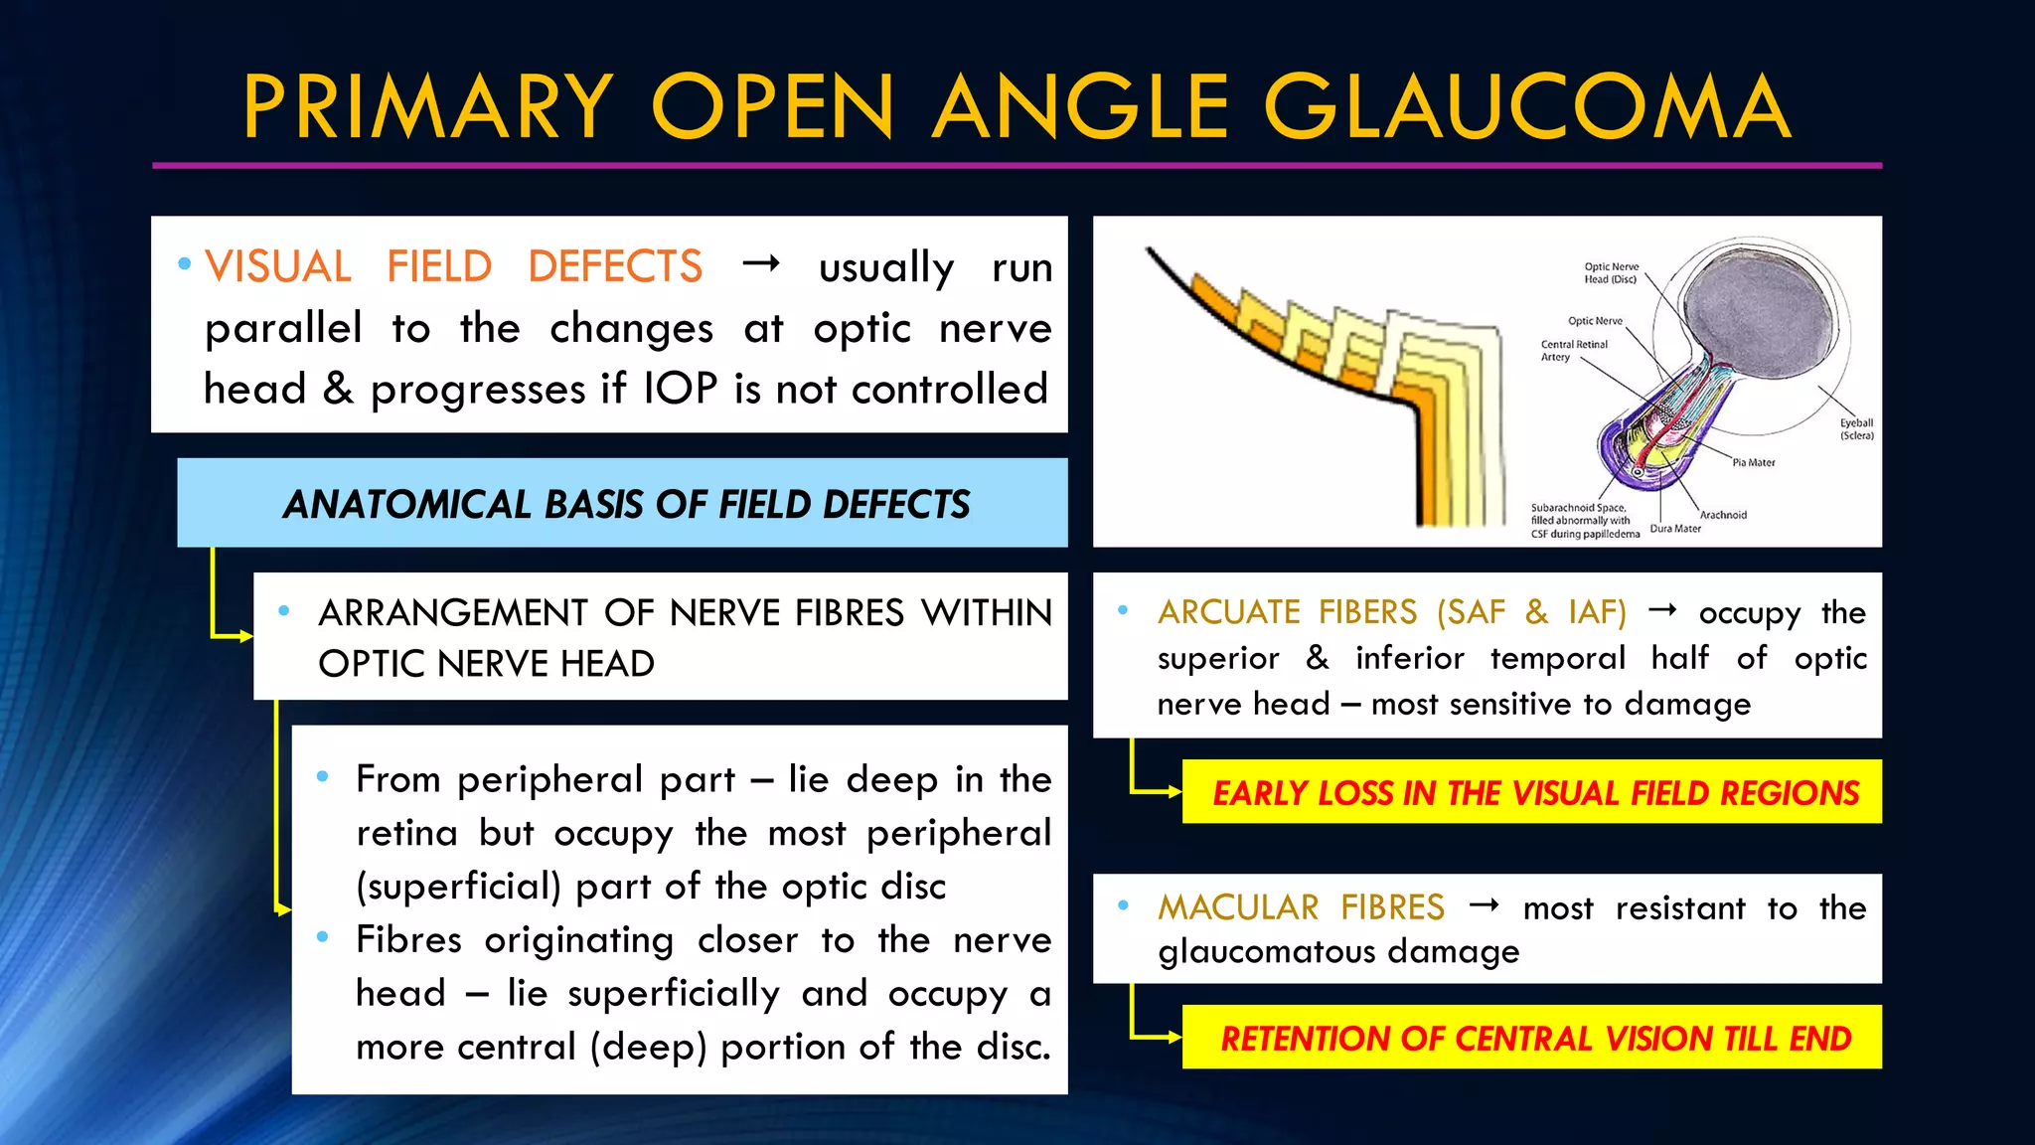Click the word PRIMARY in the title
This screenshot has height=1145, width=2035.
(x=428, y=107)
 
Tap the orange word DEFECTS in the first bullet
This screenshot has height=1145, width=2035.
(x=615, y=266)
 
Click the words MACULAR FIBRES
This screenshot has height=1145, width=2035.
(x=1301, y=907)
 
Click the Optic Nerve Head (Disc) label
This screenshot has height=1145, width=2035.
(x=1611, y=273)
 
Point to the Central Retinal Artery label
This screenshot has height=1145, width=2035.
(x=1573, y=351)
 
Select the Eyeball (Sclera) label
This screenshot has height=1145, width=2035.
(x=1855, y=429)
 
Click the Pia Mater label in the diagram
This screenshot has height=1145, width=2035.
(x=1753, y=462)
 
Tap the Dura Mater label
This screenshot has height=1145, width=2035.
(x=1675, y=529)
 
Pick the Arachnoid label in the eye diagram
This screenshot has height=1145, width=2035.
(x=1723, y=515)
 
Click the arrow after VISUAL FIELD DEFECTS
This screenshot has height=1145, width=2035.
(x=761, y=264)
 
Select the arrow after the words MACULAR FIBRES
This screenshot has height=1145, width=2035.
(x=1485, y=905)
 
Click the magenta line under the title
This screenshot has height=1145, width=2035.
(x=1017, y=166)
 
